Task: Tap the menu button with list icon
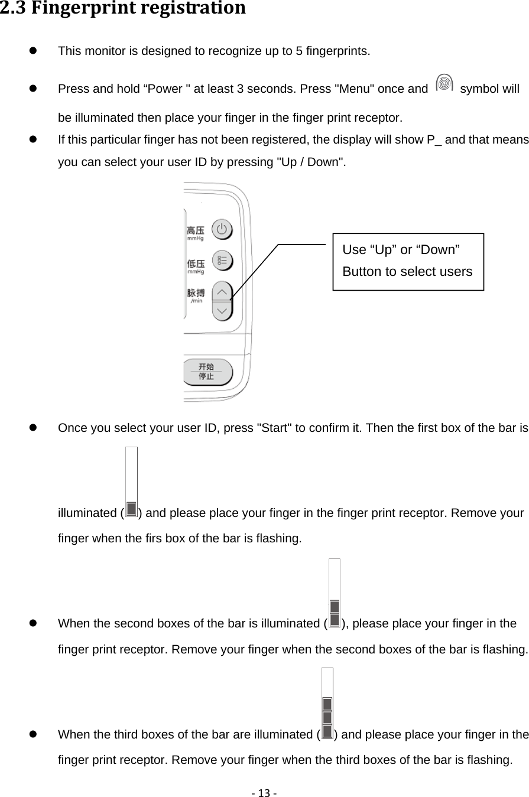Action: click(222, 261)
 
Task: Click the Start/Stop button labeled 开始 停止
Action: click(206, 372)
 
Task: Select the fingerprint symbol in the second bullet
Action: click(443, 84)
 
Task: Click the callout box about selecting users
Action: click(408, 261)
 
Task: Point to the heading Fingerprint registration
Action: click(122, 8)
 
